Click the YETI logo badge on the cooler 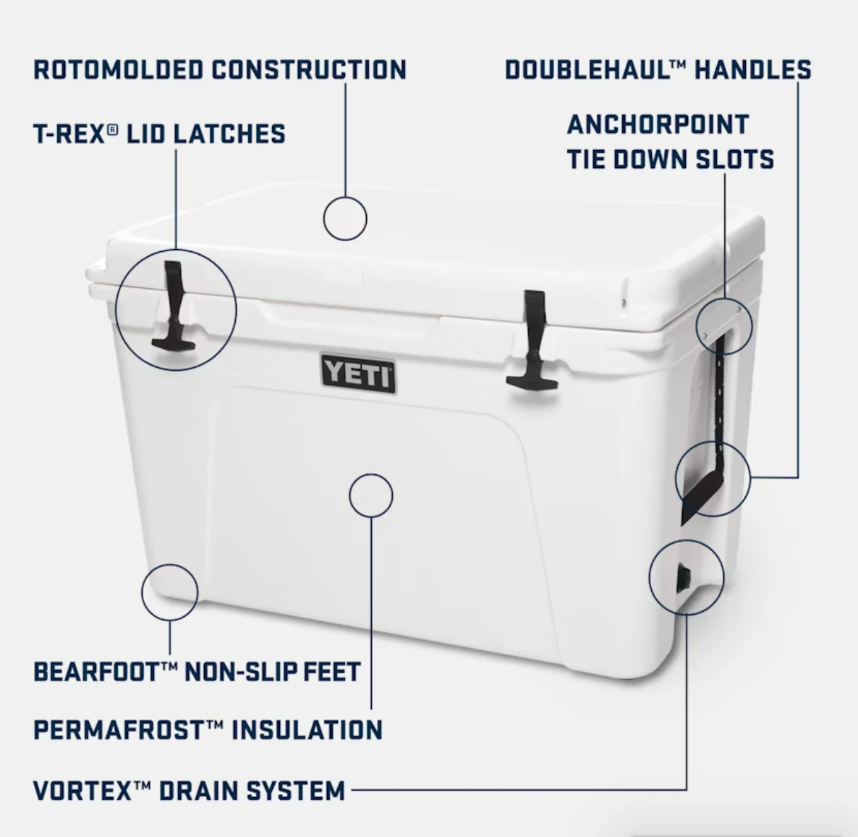(x=358, y=374)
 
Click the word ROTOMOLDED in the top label (x=119, y=70)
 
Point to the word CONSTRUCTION (x=309, y=70)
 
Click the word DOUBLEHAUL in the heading (x=587, y=70)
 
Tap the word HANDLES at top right (x=753, y=70)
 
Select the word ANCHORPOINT (x=658, y=125)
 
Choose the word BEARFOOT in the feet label (x=96, y=672)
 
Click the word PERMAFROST (x=119, y=730)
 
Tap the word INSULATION (x=307, y=730)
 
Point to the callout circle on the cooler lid (x=345, y=218)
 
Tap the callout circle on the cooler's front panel (x=370, y=495)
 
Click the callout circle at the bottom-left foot (x=170, y=592)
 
